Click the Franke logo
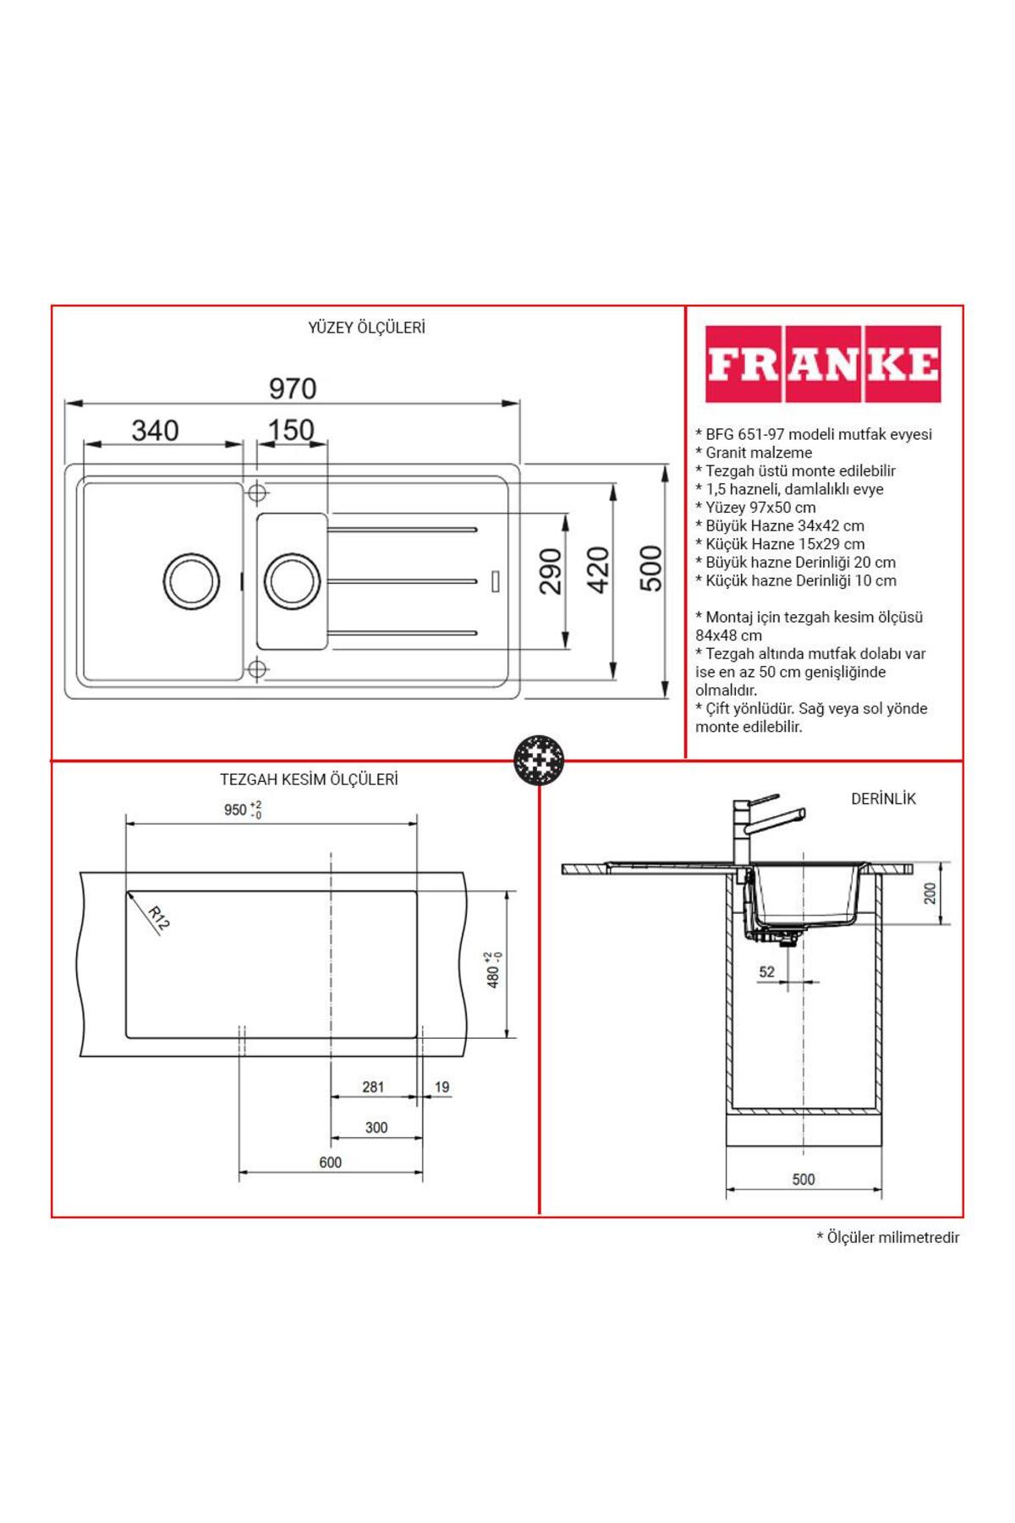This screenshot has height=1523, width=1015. (823, 364)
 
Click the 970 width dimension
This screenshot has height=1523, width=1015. (293, 388)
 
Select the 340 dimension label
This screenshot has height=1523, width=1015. (155, 431)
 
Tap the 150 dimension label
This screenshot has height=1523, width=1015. (291, 430)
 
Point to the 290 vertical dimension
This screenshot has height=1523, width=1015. (551, 571)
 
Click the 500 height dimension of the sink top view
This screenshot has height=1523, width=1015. (650, 569)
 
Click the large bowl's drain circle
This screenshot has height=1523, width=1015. (191, 581)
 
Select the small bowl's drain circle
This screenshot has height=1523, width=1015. (293, 581)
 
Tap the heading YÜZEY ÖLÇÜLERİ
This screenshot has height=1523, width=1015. (366, 327)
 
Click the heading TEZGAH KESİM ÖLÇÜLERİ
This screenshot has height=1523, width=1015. (309, 779)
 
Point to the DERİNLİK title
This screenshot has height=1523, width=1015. (883, 799)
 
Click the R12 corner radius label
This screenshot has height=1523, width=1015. (158, 918)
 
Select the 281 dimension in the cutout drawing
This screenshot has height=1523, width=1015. (373, 1087)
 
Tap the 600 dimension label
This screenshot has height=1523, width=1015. (331, 1163)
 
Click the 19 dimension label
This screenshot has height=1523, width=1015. (442, 1087)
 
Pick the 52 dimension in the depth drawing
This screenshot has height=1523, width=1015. (767, 972)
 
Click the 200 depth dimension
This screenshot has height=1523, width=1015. (931, 893)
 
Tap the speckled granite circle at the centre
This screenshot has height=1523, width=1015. (539, 760)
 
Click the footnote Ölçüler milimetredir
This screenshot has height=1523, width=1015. (888, 1238)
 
